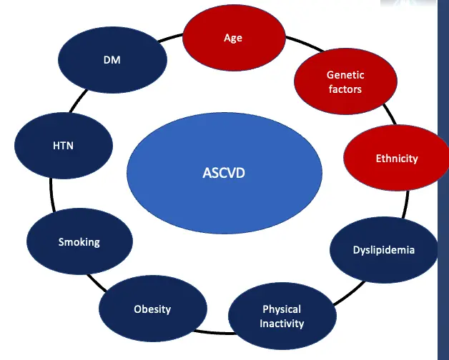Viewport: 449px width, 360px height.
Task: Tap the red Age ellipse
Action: tap(232, 38)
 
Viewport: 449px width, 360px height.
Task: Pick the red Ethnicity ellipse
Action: tap(396, 158)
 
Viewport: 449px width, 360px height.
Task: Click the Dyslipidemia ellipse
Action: tap(384, 250)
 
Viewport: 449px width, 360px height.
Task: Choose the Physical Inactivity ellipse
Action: tap(282, 316)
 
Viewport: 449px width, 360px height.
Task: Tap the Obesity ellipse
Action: tap(152, 309)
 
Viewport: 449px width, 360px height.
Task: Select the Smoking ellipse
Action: tap(79, 242)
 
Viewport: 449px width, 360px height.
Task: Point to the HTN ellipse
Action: tap(64, 146)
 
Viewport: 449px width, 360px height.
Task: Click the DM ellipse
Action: tap(112, 60)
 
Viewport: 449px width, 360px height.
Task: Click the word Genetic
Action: tap(345, 75)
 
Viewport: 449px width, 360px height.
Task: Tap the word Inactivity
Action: tap(282, 324)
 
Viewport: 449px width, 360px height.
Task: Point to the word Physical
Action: tap(282, 309)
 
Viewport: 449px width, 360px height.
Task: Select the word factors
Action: tap(345, 89)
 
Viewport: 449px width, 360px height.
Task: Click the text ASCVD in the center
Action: tap(224, 172)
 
